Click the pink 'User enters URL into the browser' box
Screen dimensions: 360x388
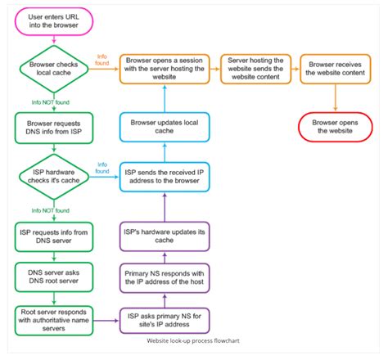click(53, 22)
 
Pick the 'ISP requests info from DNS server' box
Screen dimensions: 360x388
click(53, 238)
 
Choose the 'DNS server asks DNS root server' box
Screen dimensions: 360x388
click(53, 276)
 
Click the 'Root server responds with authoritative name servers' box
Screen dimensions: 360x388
click(53, 317)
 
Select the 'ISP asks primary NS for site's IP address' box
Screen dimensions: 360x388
click(165, 318)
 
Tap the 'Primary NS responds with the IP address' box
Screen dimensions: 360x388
click(165, 277)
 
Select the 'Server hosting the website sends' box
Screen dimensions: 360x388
click(255, 65)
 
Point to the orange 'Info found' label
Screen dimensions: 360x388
click(102, 58)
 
